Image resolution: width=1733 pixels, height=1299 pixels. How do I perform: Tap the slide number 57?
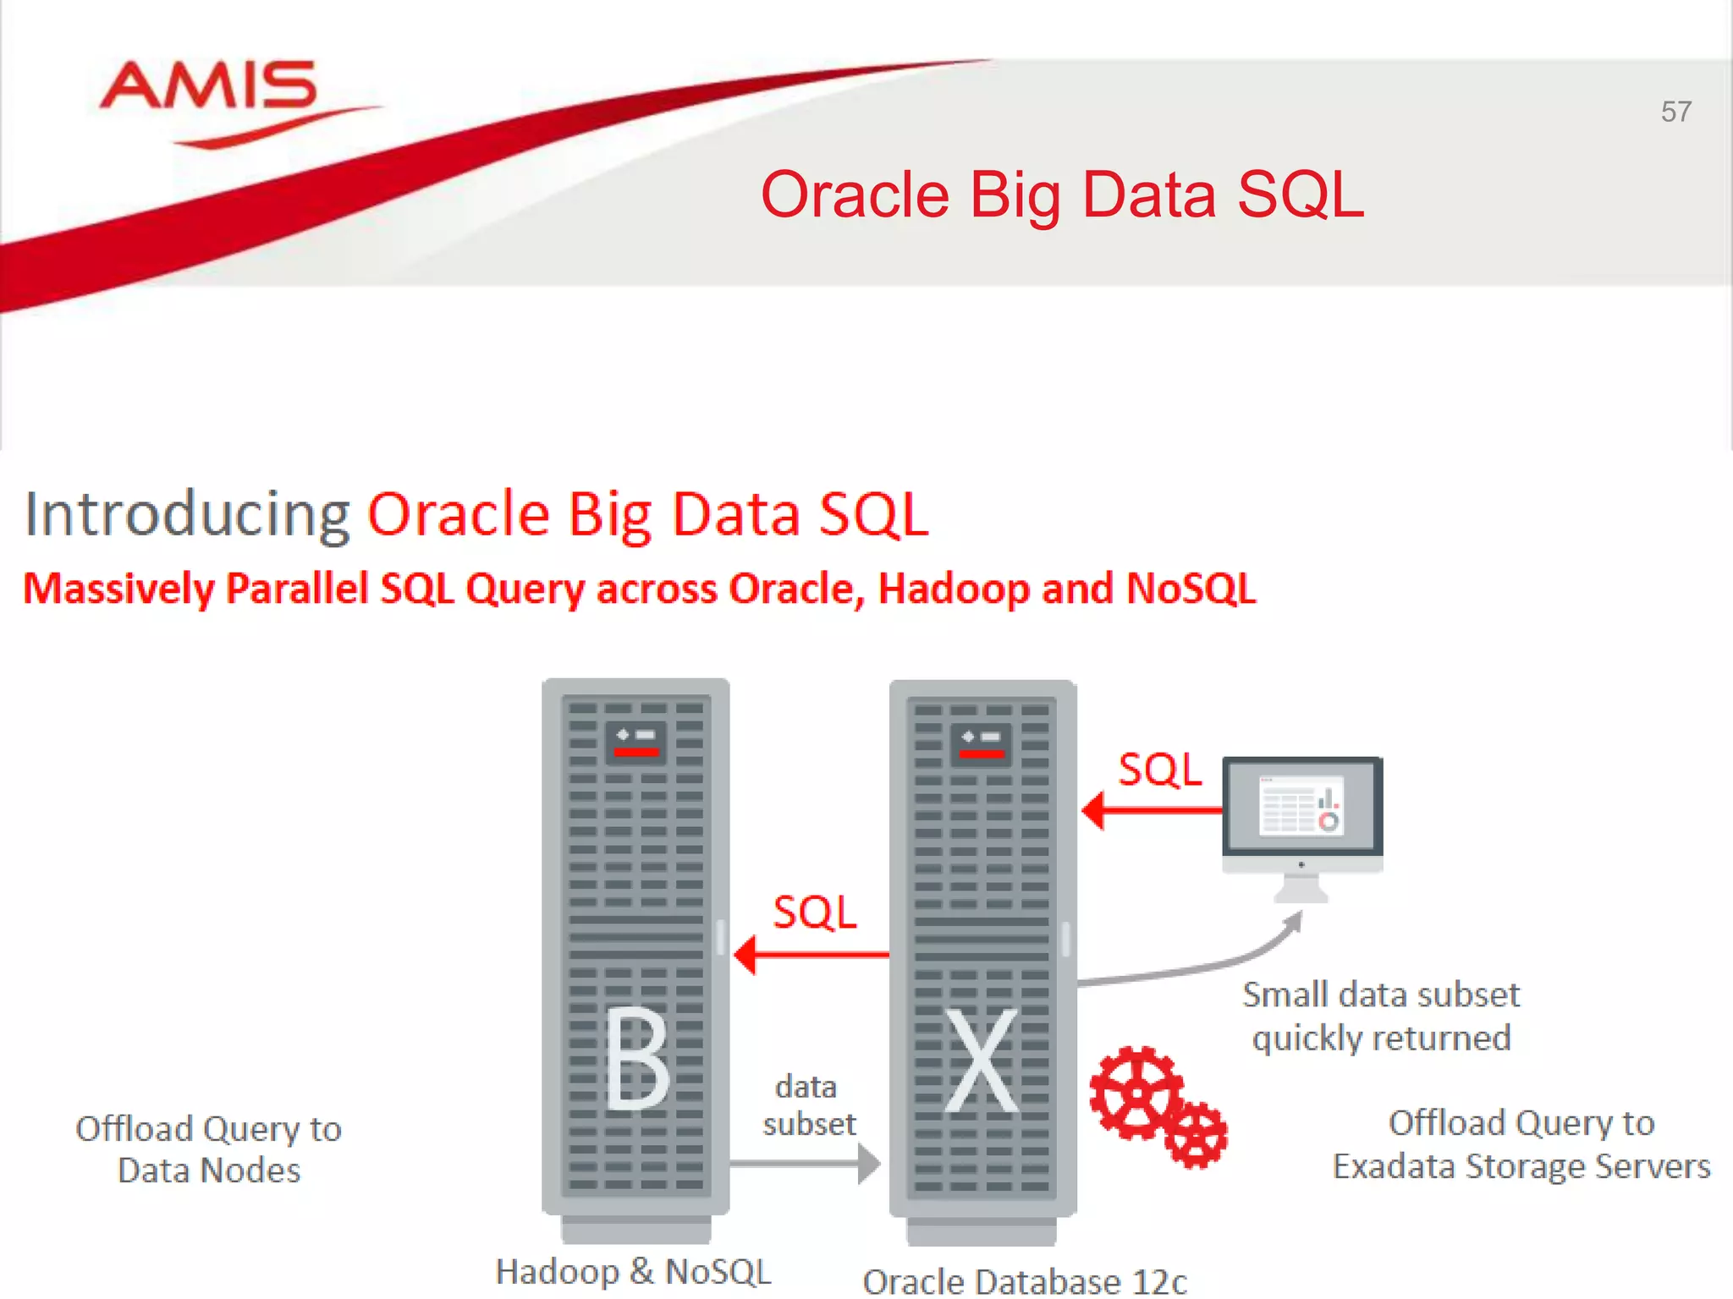1675,112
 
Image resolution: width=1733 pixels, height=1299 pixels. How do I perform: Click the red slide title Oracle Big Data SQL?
1062,195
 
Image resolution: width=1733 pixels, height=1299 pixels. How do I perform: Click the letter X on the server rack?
982,1061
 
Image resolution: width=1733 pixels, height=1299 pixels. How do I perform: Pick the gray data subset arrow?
804,1164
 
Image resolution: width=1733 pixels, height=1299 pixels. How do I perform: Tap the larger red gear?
1136,1093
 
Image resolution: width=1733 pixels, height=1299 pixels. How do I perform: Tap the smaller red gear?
1196,1135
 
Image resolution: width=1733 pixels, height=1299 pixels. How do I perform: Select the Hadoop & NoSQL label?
633,1271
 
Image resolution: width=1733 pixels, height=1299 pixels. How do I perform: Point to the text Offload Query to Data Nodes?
208,1149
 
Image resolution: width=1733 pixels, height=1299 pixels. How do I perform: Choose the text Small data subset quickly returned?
1381,1016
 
